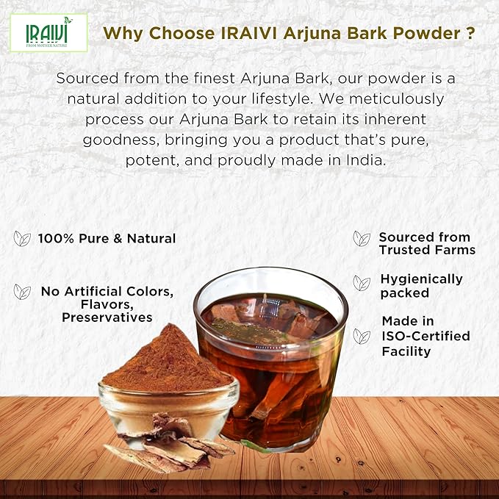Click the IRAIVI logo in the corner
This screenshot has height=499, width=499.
(x=49, y=32)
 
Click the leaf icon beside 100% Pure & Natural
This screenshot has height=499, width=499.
(x=22, y=238)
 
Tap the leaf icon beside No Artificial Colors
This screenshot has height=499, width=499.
(x=22, y=292)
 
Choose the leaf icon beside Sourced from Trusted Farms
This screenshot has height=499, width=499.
(x=362, y=238)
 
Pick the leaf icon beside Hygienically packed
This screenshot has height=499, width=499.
(x=362, y=283)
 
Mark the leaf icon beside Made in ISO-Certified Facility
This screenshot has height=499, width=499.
(x=362, y=336)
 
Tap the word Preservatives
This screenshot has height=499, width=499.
(x=107, y=317)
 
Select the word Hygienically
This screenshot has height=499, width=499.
(x=421, y=279)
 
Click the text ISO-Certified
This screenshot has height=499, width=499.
(x=426, y=337)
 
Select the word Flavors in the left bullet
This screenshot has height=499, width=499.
(x=108, y=304)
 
